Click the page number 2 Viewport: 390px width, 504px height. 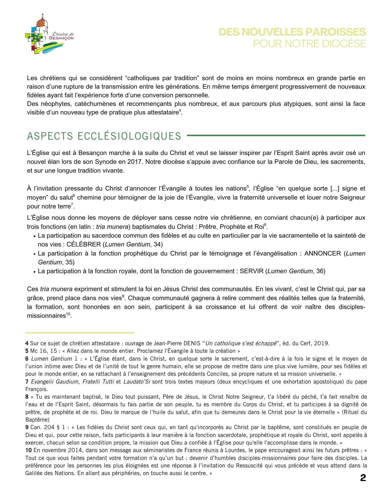coord(363,478)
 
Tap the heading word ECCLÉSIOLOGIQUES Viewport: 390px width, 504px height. coord(129,136)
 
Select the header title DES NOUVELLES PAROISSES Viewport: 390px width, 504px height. coord(292,32)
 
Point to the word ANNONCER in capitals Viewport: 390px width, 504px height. coord(322,253)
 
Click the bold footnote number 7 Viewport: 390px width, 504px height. coord(27,382)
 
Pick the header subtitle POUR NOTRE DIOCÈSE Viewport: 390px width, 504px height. coord(309,44)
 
